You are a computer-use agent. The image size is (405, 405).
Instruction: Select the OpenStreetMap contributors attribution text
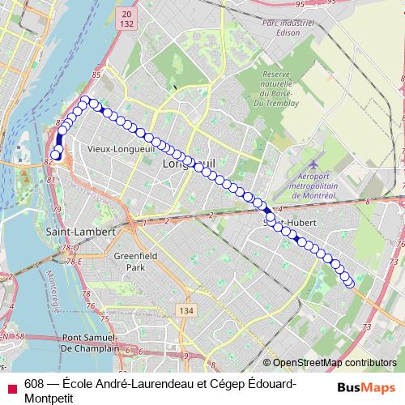click(334, 363)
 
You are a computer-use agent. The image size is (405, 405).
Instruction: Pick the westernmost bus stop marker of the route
click(55, 155)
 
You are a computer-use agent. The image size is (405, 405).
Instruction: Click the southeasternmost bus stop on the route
click(349, 282)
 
